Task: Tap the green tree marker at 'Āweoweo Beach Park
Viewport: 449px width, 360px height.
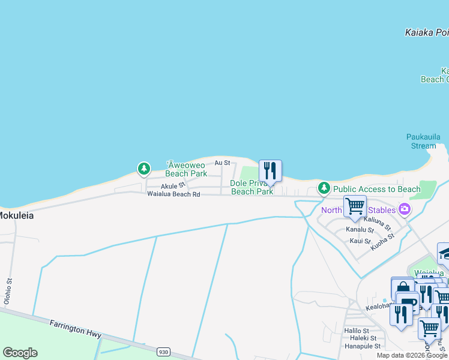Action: pos(143,169)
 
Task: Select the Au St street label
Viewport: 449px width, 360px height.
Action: pos(222,163)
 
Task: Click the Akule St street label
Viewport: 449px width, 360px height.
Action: pos(156,185)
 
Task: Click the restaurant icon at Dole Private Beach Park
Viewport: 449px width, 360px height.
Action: pos(270,171)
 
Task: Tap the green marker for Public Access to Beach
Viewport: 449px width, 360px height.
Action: pos(324,188)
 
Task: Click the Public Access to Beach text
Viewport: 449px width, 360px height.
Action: pos(377,189)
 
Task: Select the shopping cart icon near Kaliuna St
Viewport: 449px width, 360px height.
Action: pos(355,206)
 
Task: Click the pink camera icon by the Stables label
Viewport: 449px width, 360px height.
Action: pos(405,209)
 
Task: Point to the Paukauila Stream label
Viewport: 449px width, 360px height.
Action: pos(423,141)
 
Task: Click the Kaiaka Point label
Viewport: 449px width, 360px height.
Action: pos(427,32)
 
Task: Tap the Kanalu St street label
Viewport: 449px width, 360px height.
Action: pos(360,230)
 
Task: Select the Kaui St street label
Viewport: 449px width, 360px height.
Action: pos(360,241)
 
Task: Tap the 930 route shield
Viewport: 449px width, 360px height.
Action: pos(163,352)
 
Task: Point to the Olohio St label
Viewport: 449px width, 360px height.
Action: pos(8,292)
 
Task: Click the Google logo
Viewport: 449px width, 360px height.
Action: pos(20,353)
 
